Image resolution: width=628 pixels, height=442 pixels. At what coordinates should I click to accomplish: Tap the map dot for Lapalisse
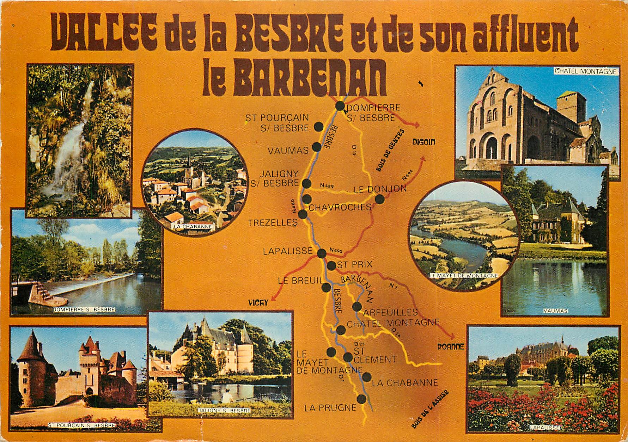[x=322, y=253]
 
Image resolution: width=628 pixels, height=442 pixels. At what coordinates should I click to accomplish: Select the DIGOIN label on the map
[x=424, y=142]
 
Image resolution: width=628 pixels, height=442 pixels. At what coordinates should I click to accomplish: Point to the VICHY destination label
[x=258, y=302]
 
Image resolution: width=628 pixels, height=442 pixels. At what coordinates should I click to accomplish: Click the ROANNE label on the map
[x=451, y=347]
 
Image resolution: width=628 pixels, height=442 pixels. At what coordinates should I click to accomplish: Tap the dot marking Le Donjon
[x=379, y=199]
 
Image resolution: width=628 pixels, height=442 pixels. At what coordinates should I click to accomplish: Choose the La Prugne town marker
[x=361, y=399]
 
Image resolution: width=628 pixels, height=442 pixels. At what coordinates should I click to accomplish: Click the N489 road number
[x=327, y=185]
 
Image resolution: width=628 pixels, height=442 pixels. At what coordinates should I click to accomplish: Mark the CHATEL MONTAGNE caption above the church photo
[x=586, y=72]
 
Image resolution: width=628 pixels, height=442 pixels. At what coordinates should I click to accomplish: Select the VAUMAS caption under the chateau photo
[x=555, y=311]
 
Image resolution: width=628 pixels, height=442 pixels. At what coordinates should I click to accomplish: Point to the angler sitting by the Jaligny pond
[x=227, y=397]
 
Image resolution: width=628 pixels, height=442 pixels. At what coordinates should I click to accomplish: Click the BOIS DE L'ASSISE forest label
[x=429, y=409]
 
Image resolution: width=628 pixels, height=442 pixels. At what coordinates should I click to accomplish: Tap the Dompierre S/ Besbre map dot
[x=340, y=106]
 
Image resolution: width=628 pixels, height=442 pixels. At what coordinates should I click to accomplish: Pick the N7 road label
[x=394, y=286]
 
